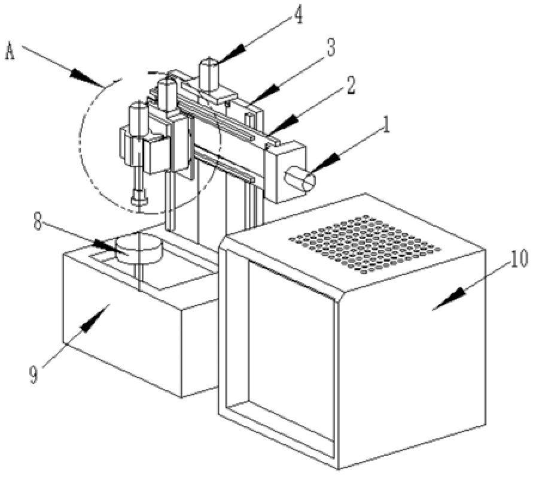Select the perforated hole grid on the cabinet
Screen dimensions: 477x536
[365, 243]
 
